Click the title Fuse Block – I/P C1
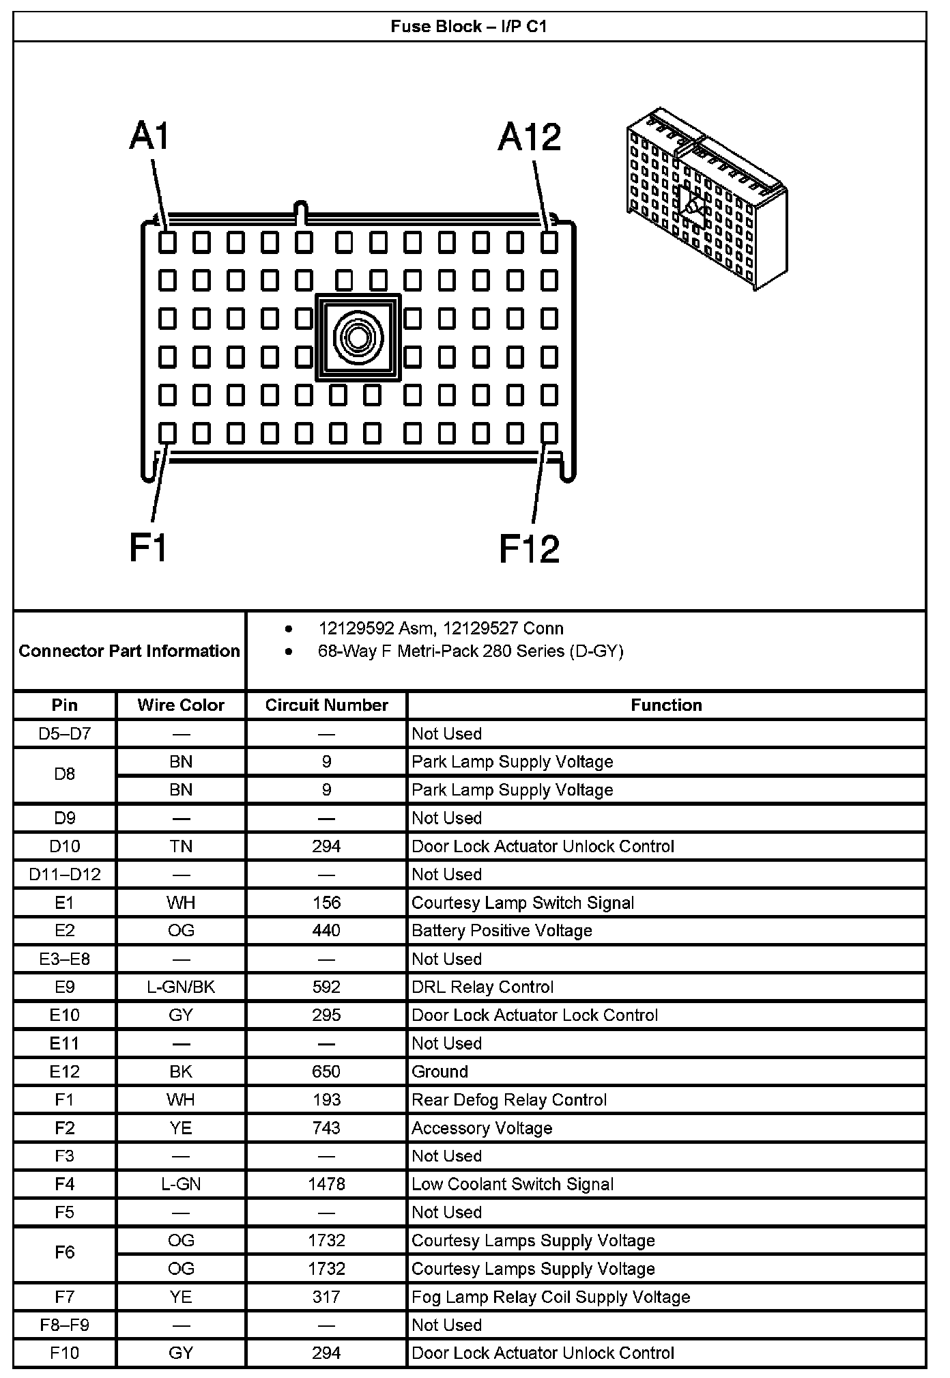coord(469,27)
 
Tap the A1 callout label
coord(149,136)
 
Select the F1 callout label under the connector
coord(148,548)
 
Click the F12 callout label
coord(529,548)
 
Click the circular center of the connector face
coord(358,337)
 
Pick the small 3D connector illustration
coord(706,198)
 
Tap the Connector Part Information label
coord(129,651)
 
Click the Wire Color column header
coord(181,705)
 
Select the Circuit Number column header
coord(326,705)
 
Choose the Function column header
coord(666,705)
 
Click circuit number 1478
coord(326,1184)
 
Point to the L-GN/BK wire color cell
coord(181,987)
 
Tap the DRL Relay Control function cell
coord(483,987)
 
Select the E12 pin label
coord(65,1071)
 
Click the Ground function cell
coord(440,1071)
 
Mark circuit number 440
coord(326,930)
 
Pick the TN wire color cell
coord(181,846)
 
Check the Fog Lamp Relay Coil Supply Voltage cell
coord(551,1297)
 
